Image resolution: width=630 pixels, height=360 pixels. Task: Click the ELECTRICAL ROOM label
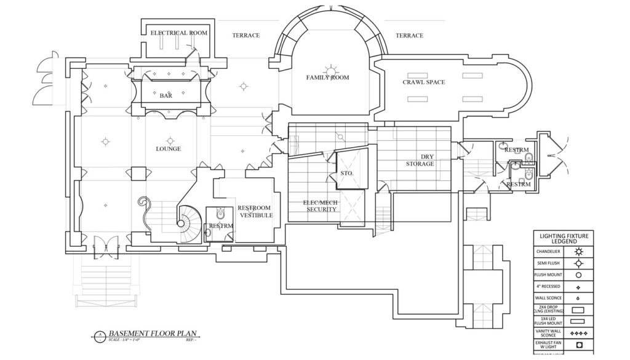click(x=179, y=33)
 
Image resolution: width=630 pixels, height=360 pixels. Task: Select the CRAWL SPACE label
click(x=424, y=82)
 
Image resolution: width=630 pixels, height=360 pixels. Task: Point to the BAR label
click(x=165, y=96)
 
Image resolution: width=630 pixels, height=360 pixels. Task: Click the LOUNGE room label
click(x=168, y=149)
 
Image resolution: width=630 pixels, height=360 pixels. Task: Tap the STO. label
click(x=346, y=174)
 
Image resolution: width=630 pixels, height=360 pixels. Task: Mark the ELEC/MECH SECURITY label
click(x=322, y=206)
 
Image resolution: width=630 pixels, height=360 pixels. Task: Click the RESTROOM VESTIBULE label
click(x=254, y=212)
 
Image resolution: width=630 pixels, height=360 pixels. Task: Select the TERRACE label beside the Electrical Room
click(x=245, y=36)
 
